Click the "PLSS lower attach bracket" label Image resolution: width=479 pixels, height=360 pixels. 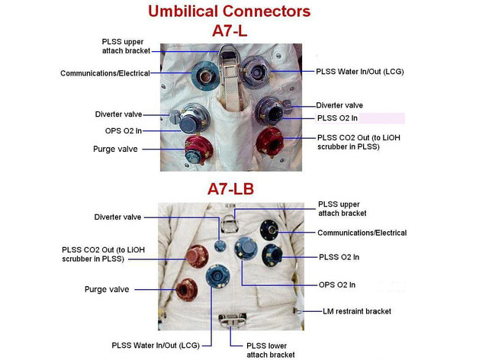(270, 350)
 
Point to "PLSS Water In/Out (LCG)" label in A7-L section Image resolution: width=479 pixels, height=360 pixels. (359, 71)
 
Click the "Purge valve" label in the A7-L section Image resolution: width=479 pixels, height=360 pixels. (117, 149)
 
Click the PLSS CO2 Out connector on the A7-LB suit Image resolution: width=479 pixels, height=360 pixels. (198, 254)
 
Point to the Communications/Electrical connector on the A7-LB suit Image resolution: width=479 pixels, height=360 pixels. (269, 228)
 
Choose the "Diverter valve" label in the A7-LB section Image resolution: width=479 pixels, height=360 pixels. (119, 216)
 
